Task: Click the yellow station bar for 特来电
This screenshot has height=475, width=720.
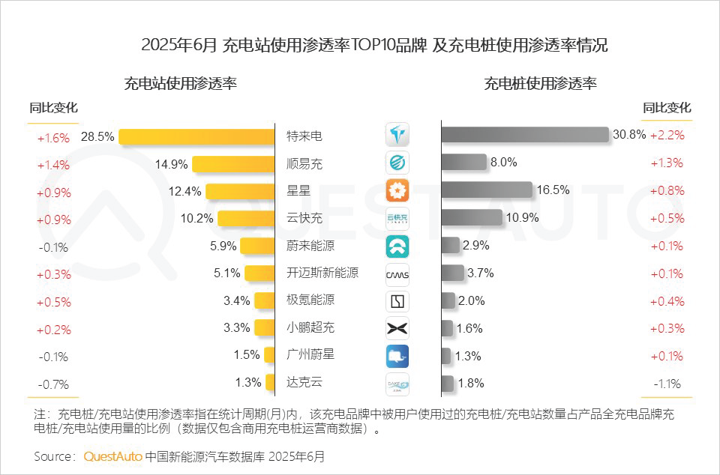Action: pos(196,136)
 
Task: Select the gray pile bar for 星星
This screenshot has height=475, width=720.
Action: pos(486,190)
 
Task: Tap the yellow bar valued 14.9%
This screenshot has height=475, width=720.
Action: pos(232,164)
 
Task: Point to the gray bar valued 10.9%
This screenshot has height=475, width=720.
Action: pos(471,217)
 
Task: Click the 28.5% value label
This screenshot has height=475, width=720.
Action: pos(97,137)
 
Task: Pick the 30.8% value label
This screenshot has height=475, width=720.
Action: pos(628,136)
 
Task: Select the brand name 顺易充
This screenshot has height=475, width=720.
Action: pos(304,163)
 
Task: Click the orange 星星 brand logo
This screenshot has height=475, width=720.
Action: pos(397,190)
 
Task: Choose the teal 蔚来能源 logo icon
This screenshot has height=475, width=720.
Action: pos(397,246)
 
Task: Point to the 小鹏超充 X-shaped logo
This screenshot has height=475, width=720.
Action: pos(397,327)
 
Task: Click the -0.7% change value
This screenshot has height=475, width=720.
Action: pos(53,384)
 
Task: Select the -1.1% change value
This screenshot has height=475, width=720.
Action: pos(666,384)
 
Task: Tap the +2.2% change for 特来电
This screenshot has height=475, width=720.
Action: pos(667,136)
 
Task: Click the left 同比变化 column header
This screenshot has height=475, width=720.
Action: pos(53,108)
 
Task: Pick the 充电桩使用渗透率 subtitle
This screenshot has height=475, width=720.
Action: pos(540,83)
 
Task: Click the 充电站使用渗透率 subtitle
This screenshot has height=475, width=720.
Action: pos(180,83)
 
